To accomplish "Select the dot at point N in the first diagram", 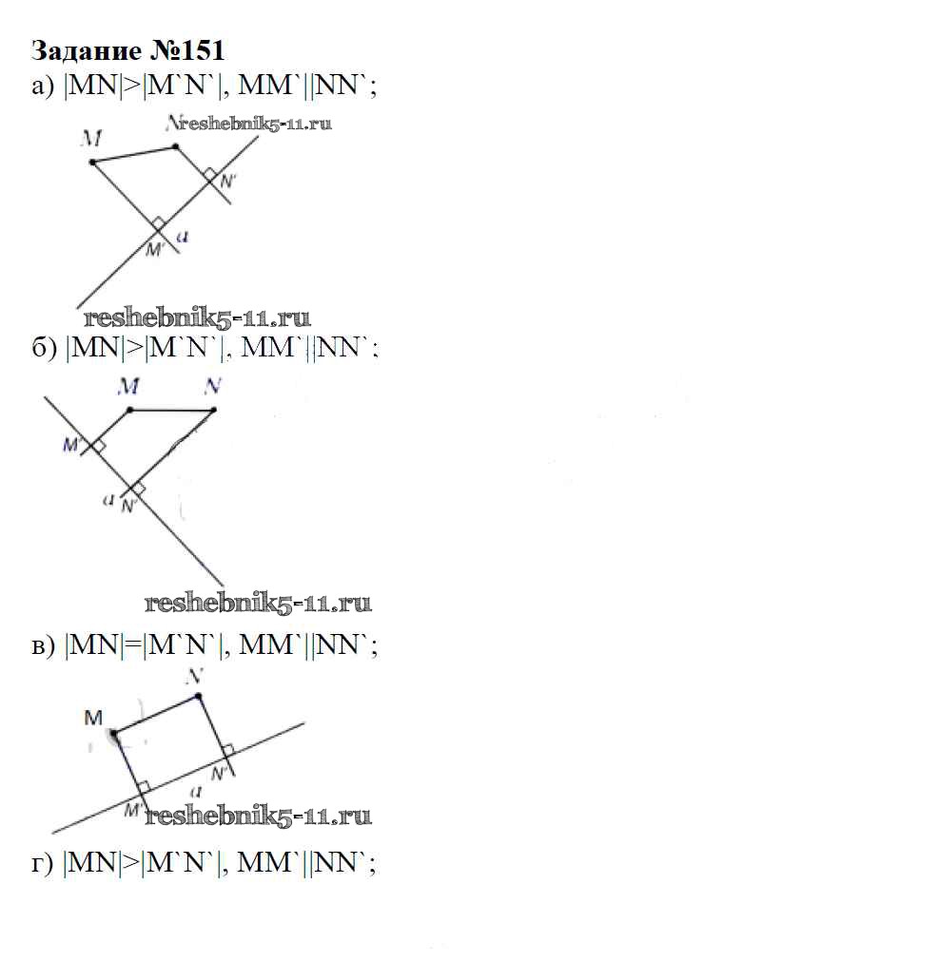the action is (x=176, y=147).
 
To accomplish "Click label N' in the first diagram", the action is (x=227, y=182).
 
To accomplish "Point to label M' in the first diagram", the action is (x=154, y=249).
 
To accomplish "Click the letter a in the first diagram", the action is (x=182, y=237).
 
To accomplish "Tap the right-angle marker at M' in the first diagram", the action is (x=158, y=223).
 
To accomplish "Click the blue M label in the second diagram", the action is (x=128, y=386).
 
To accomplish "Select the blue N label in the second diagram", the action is (x=213, y=386).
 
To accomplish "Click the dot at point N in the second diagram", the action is (x=214, y=410).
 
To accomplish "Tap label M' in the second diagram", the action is (x=72, y=445).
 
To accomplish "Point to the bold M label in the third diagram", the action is (x=93, y=718).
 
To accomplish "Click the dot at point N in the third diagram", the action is (x=198, y=696).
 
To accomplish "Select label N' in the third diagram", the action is (x=219, y=774).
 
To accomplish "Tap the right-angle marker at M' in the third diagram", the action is (x=144, y=786).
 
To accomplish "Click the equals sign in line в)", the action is (x=132, y=645).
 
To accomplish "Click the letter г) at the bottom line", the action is (x=42, y=864).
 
